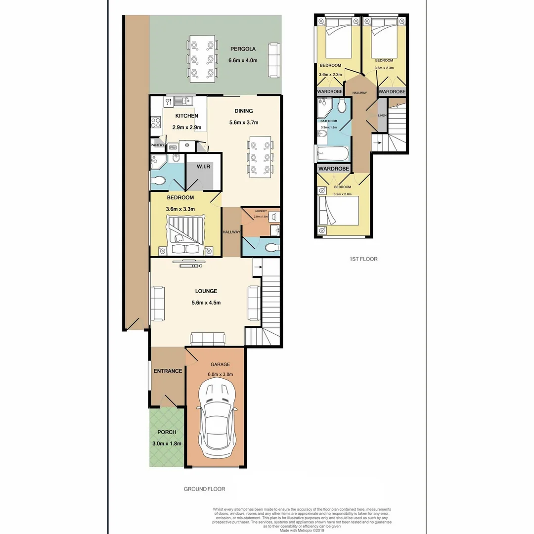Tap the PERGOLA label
coord(243,49)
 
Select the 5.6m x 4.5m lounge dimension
coord(205,303)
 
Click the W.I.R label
coord(203,166)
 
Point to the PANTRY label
coord(158,145)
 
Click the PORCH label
coord(167,432)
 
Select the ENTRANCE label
coord(168,371)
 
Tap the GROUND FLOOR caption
coord(204,489)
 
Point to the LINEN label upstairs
coord(382,115)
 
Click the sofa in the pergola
coord(273,60)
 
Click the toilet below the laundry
coord(271,247)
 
